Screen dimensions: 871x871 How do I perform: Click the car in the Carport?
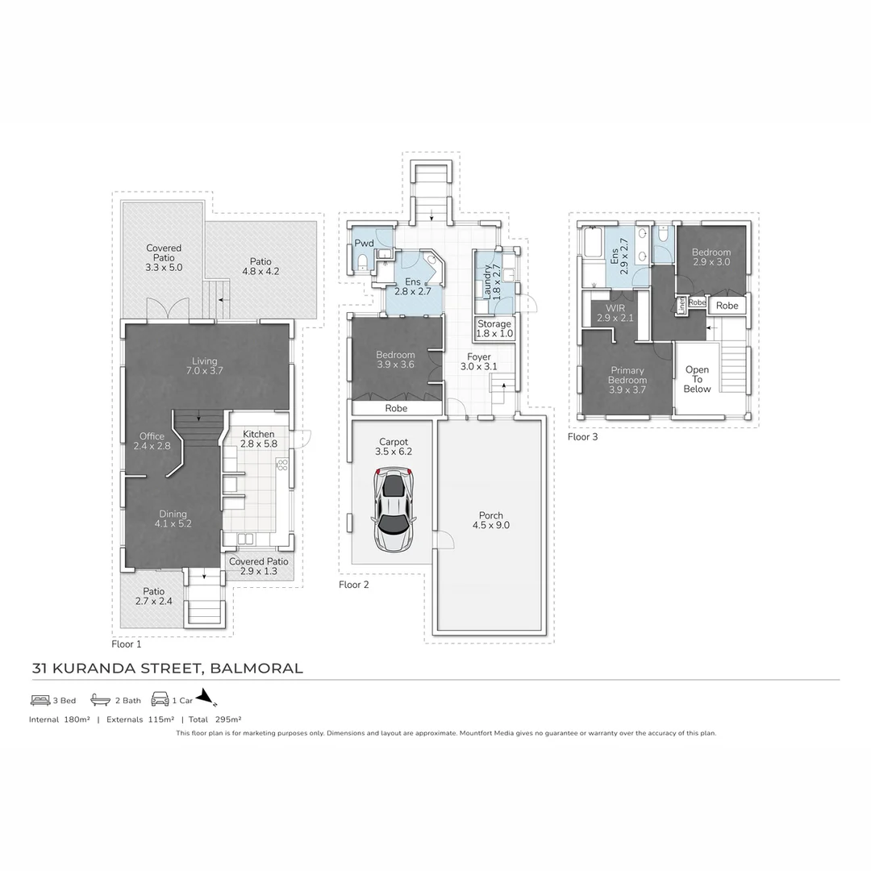(x=393, y=512)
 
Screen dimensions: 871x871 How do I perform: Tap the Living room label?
(x=205, y=366)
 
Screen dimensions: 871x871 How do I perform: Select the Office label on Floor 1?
(x=151, y=441)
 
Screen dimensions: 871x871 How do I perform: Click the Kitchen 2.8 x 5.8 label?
(x=259, y=439)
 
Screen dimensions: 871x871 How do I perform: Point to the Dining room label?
(x=173, y=519)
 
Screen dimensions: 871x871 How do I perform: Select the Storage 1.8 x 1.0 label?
(x=494, y=328)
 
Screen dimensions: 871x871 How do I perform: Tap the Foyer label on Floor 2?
(x=479, y=361)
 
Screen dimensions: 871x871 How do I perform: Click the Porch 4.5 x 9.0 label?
(x=490, y=520)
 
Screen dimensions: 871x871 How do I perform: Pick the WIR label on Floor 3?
(x=615, y=313)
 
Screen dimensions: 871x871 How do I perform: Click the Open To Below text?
(x=697, y=379)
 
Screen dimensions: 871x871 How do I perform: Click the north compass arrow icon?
(x=206, y=698)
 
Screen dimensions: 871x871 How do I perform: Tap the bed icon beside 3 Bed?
(x=40, y=700)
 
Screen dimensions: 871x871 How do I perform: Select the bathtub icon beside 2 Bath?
(x=100, y=700)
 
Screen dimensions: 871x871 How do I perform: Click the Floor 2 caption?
(x=353, y=585)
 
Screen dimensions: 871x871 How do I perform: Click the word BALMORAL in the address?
(x=256, y=668)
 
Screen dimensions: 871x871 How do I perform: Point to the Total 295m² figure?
(x=215, y=719)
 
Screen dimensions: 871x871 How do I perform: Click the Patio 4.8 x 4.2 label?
(x=260, y=266)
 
